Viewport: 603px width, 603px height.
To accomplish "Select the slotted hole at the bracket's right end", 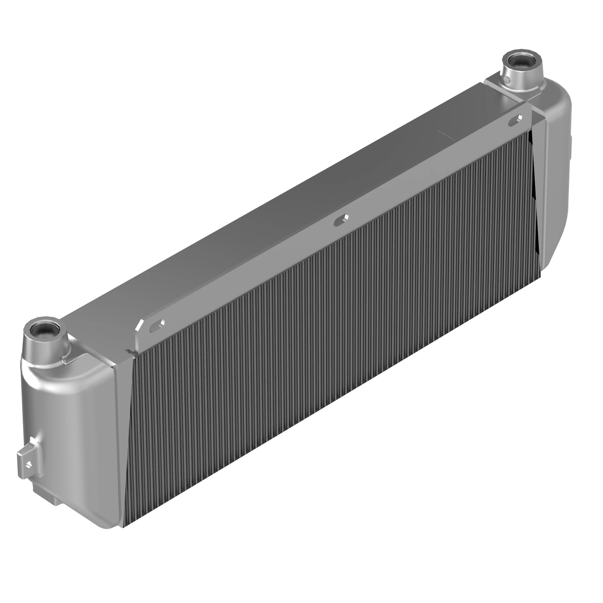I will (515, 120).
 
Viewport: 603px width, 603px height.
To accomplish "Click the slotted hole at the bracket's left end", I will (157, 326).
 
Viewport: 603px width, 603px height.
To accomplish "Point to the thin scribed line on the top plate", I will (446, 136).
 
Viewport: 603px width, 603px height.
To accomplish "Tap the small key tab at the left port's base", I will (65, 361).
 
